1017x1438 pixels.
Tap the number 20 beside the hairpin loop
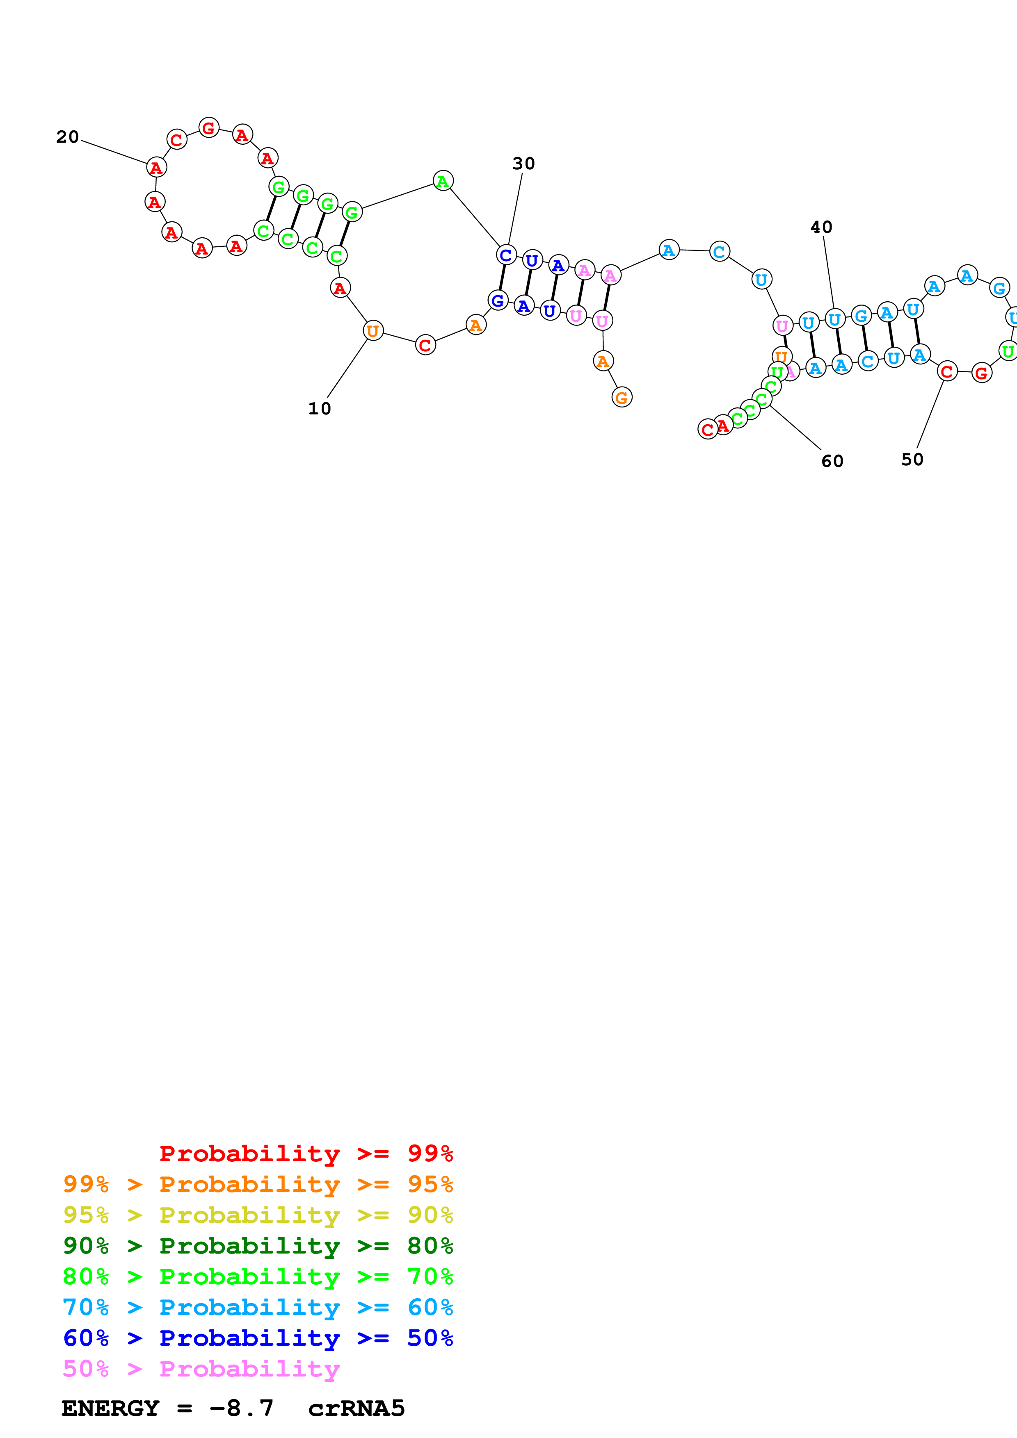68,137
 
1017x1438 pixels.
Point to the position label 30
523,164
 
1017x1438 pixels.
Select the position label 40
821,228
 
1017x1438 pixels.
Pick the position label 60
832,462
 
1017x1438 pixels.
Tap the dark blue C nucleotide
506,255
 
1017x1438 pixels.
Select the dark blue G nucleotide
498,300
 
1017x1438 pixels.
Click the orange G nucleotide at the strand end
622,397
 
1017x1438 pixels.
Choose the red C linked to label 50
947,371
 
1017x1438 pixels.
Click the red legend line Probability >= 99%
306,1154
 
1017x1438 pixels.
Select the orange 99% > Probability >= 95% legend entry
258,1184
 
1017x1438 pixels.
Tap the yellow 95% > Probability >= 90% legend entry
258,1215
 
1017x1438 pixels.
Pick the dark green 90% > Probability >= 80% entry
258,1246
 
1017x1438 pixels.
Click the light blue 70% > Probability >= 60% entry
258,1307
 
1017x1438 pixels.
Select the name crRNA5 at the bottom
356,1408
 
